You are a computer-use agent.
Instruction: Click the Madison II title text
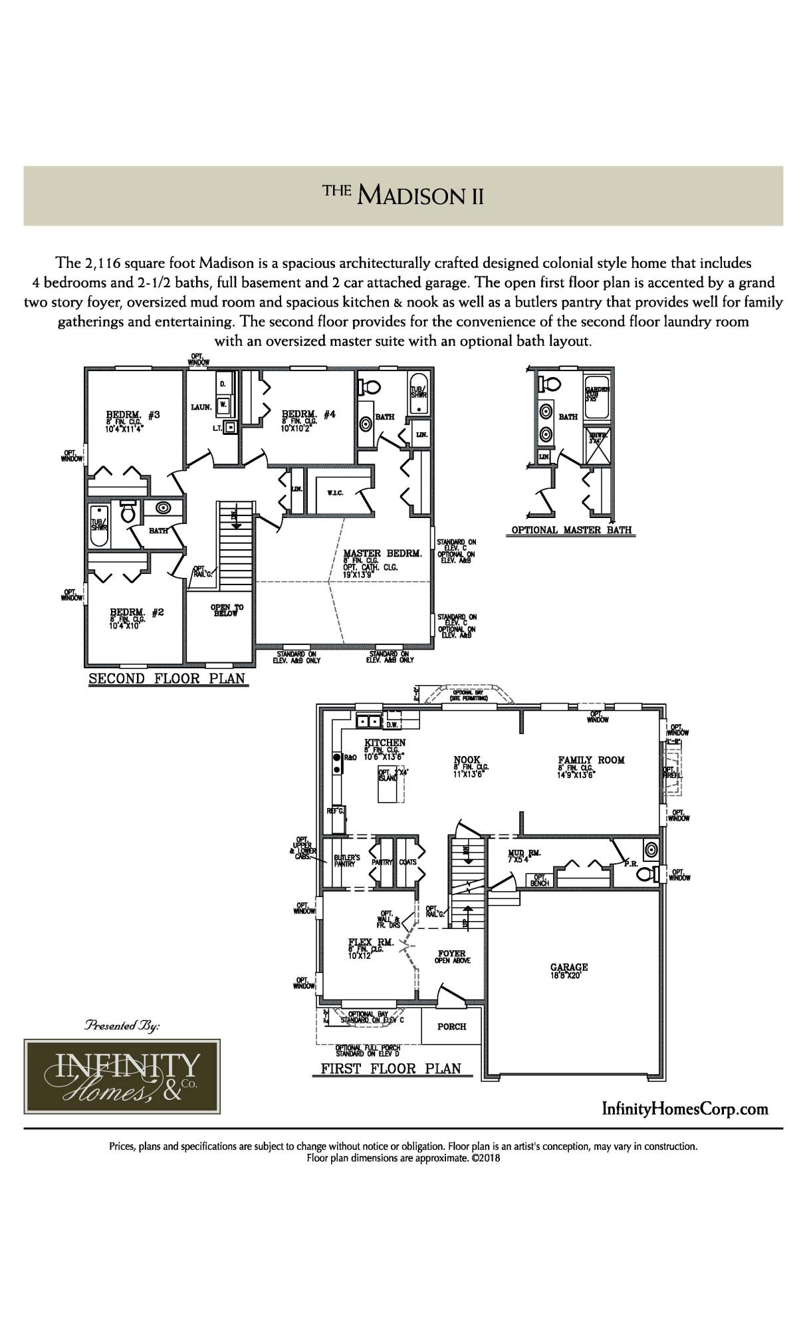click(x=403, y=196)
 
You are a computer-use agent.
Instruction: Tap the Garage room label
click(x=568, y=968)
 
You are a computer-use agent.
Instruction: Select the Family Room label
click(x=591, y=759)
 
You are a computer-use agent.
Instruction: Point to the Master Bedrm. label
click(x=382, y=553)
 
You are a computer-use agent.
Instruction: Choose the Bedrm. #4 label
click(x=308, y=414)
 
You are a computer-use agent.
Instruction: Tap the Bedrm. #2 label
click(x=136, y=612)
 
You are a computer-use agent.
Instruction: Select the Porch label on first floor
click(x=451, y=1026)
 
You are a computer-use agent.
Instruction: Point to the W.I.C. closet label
click(x=334, y=493)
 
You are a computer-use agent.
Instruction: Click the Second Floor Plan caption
click(x=167, y=679)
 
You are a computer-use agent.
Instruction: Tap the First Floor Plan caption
click(x=391, y=1069)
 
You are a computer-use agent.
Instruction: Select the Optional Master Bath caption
click(x=571, y=530)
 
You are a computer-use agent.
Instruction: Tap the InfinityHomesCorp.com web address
click(x=685, y=1109)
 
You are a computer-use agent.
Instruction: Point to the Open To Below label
click(x=227, y=610)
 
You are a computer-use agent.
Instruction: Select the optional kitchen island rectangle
click(x=390, y=783)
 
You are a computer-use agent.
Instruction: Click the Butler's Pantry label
click(x=346, y=860)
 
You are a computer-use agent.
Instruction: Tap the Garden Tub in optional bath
click(x=598, y=402)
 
